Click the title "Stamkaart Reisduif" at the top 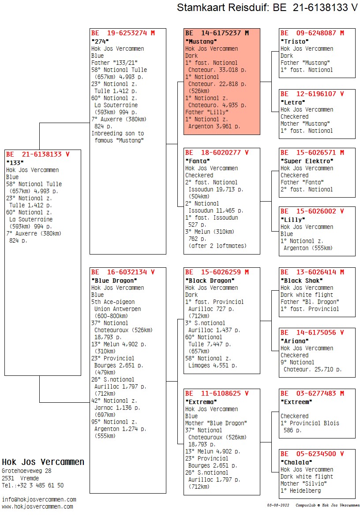coord(222,7)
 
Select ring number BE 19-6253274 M coord(123,33)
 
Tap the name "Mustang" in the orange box coord(201,41)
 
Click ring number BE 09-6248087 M coord(312,33)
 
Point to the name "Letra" coord(293,102)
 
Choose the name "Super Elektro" coord(307,161)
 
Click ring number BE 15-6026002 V coord(312,211)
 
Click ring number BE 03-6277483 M coord(312,393)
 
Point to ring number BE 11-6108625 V coord(217,393)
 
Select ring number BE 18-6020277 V coord(217,153)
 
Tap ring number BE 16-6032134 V coord(123,272)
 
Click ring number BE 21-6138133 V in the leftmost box coord(38,154)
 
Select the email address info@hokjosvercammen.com coord(39,500)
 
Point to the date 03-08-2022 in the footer coord(278,505)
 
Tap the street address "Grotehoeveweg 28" coord(27,471)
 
